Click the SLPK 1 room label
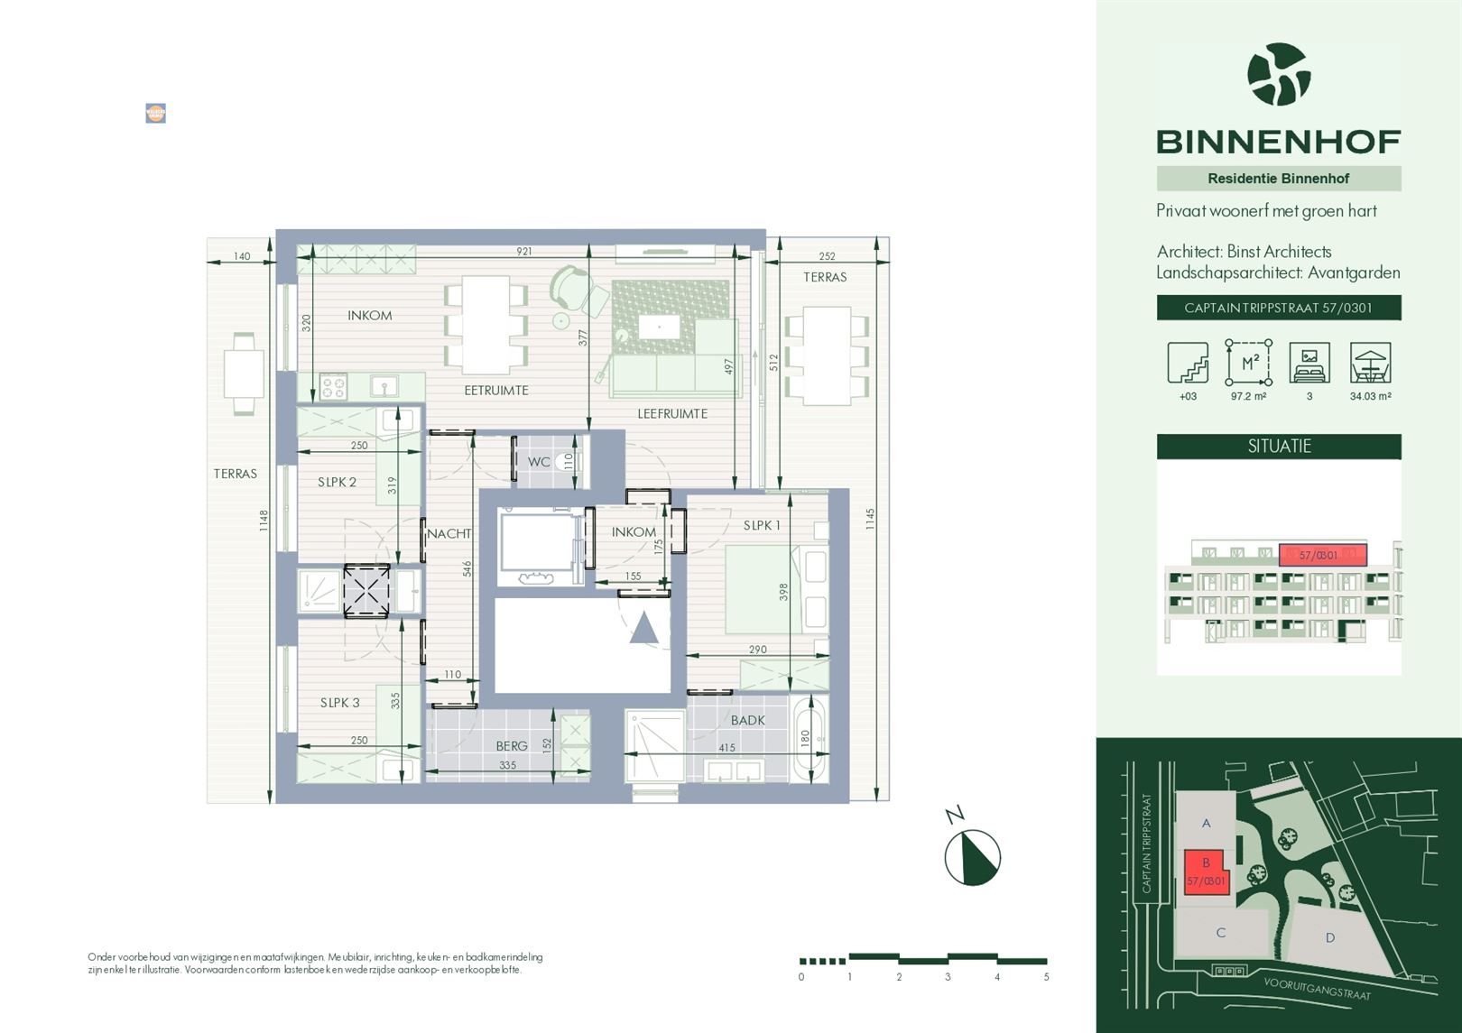click(762, 525)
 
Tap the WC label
click(539, 462)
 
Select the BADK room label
click(747, 720)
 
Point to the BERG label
click(511, 746)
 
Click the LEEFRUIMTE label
click(672, 414)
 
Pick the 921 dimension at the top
click(523, 252)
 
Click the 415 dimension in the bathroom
click(726, 747)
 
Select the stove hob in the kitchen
click(332, 386)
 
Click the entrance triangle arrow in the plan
click(644, 628)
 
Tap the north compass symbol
click(972, 857)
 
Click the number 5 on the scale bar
click(1046, 977)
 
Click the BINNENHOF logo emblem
click(1278, 75)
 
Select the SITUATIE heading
click(1279, 447)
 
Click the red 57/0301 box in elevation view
click(1322, 555)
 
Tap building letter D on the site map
click(1329, 938)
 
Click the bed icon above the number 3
click(1309, 363)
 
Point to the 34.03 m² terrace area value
click(1369, 396)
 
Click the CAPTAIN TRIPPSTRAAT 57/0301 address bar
click(1278, 308)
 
